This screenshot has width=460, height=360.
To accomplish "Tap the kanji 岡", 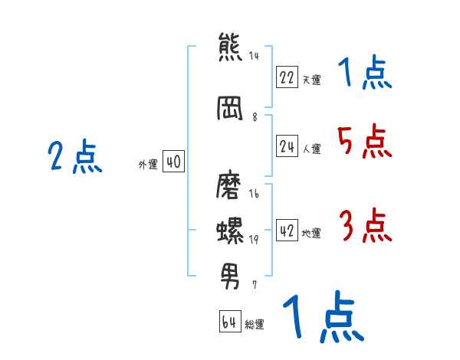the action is click(x=230, y=108).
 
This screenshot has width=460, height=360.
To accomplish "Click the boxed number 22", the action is click(x=287, y=77).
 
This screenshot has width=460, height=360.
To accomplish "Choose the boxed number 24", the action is click(x=287, y=147).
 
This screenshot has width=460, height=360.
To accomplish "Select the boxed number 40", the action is click(x=173, y=162).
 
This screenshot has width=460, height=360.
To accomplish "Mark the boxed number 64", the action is click(x=229, y=322).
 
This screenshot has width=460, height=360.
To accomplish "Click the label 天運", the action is click(x=311, y=80).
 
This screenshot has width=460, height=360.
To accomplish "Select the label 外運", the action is click(x=147, y=164).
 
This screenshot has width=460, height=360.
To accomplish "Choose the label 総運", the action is click(x=255, y=325).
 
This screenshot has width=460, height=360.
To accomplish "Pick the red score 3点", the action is click(x=365, y=226).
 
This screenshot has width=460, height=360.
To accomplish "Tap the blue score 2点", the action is click(x=74, y=158).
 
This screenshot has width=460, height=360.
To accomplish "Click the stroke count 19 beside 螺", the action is click(x=253, y=240).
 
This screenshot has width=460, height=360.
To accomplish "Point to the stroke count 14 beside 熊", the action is click(x=254, y=56).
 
